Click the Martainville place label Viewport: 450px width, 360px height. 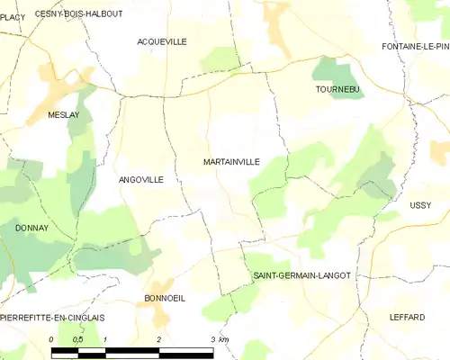[231, 162]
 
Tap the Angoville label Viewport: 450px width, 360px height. [141, 180]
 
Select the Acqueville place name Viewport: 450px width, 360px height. [162, 41]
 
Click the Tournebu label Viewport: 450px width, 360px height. [338, 90]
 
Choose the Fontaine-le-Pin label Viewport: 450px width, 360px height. [415, 46]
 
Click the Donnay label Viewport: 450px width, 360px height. [31, 229]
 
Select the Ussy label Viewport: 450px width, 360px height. [420, 205]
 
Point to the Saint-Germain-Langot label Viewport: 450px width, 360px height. [301, 275]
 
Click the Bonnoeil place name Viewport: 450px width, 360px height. [165, 298]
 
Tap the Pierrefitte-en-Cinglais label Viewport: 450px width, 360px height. [52, 318]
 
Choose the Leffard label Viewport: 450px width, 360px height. [407, 317]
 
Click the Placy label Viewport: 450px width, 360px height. [13, 16]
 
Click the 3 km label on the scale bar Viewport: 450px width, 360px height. [219, 339]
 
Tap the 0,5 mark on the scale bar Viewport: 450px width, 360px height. [77, 339]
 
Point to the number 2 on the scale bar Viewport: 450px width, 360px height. [159, 339]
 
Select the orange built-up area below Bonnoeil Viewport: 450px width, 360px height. [161, 314]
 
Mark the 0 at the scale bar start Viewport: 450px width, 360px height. [52, 339]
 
